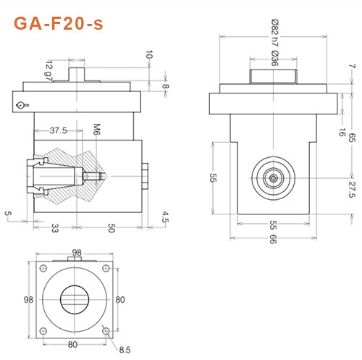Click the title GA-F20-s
(59, 23)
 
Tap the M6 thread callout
(95, 130)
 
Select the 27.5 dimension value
(353, 191)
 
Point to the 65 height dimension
(353, 138)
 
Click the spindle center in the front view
(273, 176)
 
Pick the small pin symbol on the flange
(22, 106)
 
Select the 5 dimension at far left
(8, 213)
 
